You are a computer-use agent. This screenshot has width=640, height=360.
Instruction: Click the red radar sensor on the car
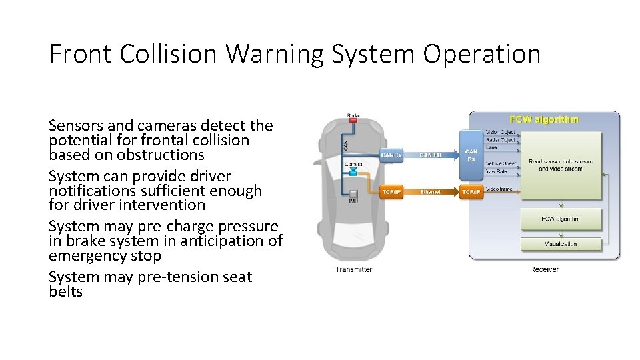coord(353,117)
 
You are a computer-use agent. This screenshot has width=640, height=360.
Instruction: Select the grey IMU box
coord(354,194)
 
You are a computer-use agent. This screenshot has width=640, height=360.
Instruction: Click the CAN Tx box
coord(391,155)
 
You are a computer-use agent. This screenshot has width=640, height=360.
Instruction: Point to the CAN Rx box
coord(471,155)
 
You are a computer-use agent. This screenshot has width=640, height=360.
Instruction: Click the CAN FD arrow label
coord(431,155)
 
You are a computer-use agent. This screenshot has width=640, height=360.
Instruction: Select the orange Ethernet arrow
coord(431,192)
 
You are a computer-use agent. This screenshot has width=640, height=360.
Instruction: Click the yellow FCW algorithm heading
coord(544,120)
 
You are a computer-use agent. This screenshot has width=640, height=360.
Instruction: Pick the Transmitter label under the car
coord(353,269)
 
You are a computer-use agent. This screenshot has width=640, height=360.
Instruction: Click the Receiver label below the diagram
coord(544,269)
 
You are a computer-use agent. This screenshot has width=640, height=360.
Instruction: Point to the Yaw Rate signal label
coord(497,171)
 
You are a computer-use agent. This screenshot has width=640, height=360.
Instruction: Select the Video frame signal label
coord(500,189)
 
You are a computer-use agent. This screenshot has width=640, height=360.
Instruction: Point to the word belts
coord(65,291)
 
